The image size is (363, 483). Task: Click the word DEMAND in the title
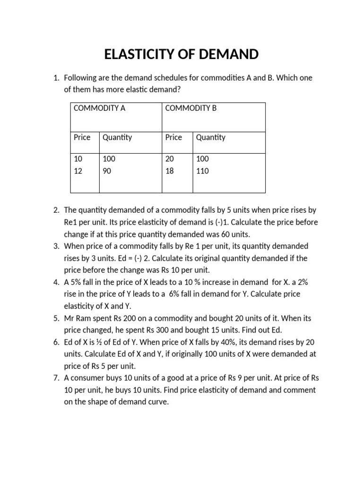228,55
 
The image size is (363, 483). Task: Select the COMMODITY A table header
99,108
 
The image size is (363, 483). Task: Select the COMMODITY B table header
190,108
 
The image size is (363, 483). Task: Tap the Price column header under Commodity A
82,137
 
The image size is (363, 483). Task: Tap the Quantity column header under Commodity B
210,137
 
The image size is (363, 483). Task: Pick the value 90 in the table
107,171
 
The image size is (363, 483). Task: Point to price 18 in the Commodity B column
170,171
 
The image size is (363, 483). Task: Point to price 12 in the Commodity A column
78,171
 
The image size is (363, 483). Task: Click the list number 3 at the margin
55,246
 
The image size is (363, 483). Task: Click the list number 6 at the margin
55,342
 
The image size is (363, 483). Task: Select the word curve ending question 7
158,402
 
